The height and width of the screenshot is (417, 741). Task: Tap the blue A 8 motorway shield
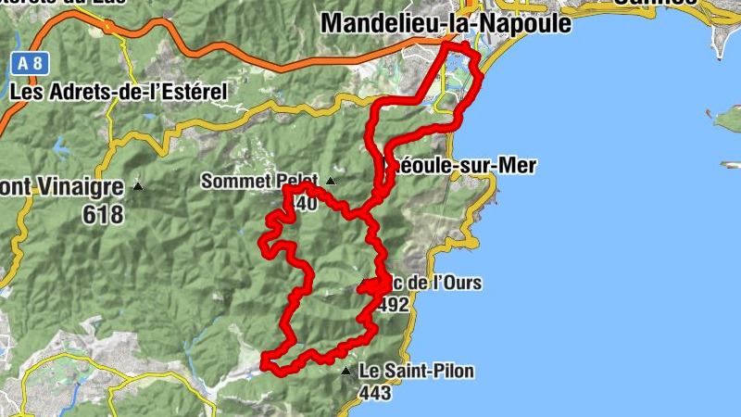(28, 64)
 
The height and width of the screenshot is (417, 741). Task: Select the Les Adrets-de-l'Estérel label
(118, 92)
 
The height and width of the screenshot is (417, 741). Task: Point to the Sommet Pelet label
(259, 182)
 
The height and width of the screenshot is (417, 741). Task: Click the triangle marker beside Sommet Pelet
(331, 181)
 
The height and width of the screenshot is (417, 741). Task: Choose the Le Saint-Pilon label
(417, 372)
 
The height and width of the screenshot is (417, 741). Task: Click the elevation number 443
(375, 393)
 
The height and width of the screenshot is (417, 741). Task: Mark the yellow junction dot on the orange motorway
(111, 28)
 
